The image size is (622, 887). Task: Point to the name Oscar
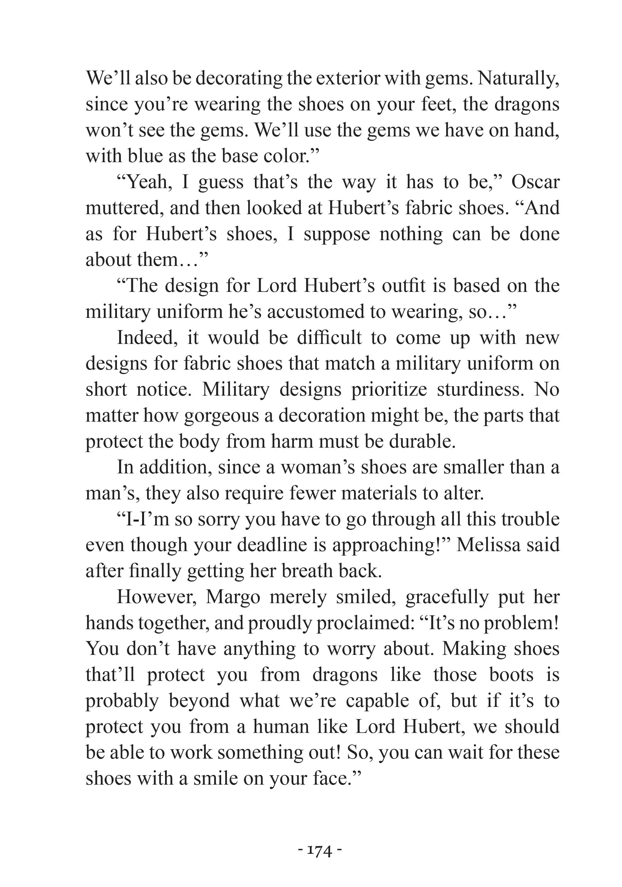535,182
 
